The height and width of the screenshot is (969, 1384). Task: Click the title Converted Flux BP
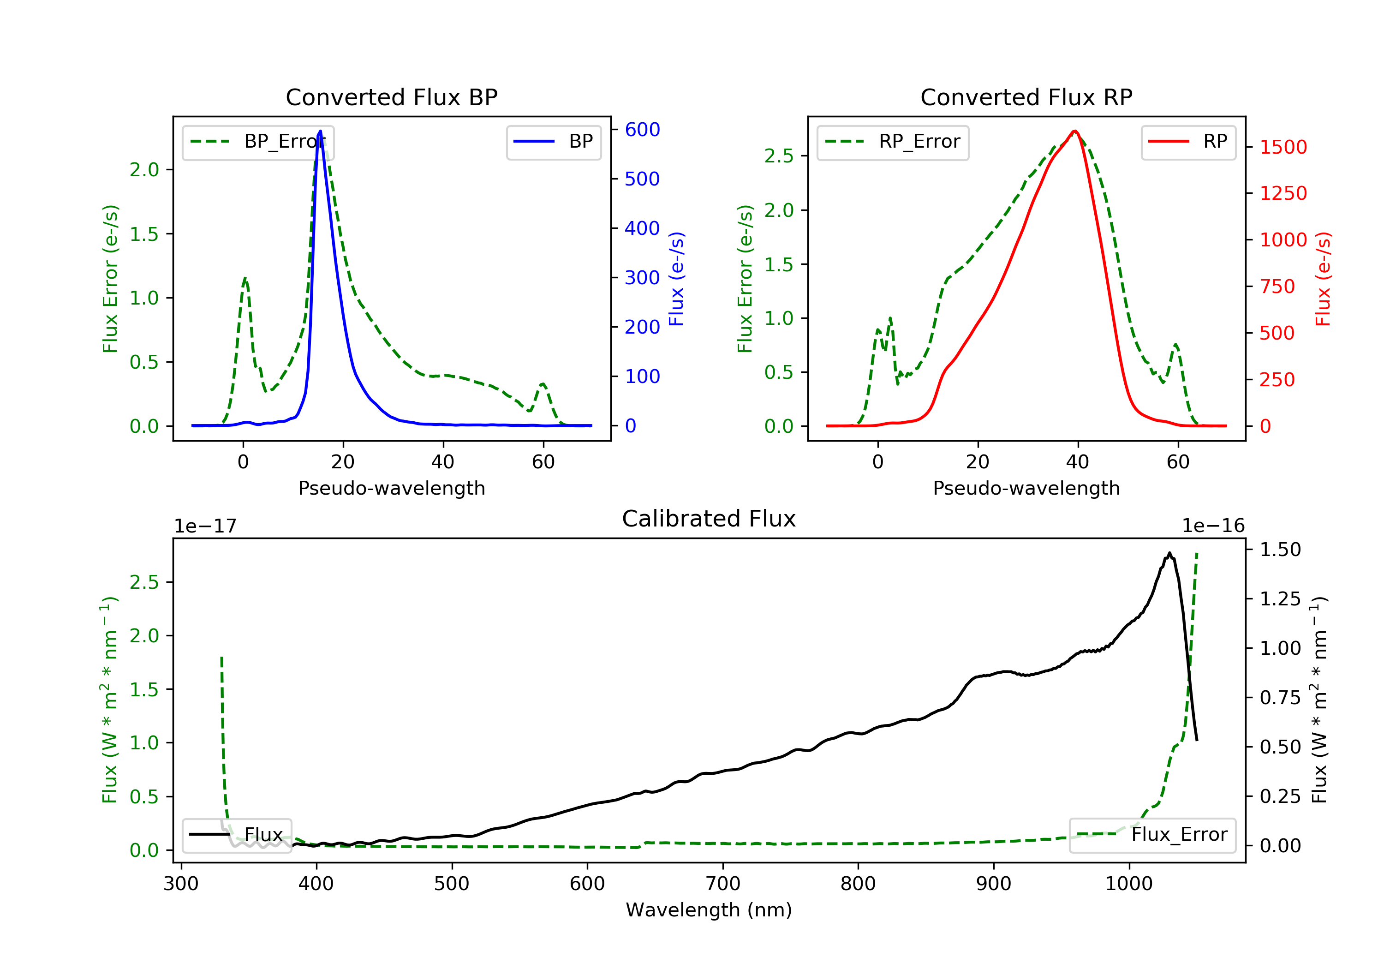(x=391, y=97)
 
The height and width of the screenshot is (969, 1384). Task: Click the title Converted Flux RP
(x=1026, y=97)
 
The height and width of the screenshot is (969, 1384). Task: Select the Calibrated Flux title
(x=709, y=519)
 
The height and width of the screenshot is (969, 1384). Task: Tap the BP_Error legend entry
(x=257, y=142)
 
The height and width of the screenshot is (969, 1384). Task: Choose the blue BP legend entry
(x=553, y=142)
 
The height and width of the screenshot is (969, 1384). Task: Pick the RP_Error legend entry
(x=892, y=142)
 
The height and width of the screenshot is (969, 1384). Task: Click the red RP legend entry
(x=1187, y=142)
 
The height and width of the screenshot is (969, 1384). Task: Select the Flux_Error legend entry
(x=1152, y=835)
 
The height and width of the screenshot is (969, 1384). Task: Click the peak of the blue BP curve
(x=320, y=131)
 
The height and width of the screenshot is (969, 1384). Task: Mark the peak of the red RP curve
(x=1075, y=131)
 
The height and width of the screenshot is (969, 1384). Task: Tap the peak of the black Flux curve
(x=1169, y=553)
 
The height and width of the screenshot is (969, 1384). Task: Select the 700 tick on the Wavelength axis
(x=723, y=883)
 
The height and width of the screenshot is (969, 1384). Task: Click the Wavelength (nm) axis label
(x=709, y=910)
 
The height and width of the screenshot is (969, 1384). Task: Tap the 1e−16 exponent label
(x=1213, y=526)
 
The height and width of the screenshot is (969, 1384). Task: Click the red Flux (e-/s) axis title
(x=1323, y=279)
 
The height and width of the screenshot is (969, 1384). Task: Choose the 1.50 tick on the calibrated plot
(x=1280, y=549)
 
